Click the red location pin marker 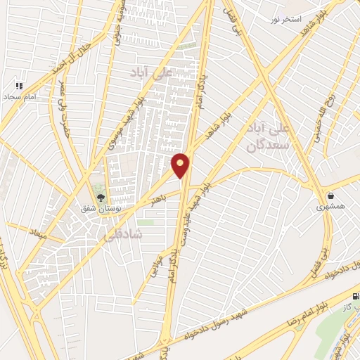pyautogui.click(x=181, y=165)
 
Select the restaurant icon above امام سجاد pyautogui.click(x=19, y=85)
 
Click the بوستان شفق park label pyautogui.click(x=99, y=210)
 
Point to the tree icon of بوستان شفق pyautogui.click(x=99, y=198)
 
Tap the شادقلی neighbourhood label pyautogui.click(x=122, y=236)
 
